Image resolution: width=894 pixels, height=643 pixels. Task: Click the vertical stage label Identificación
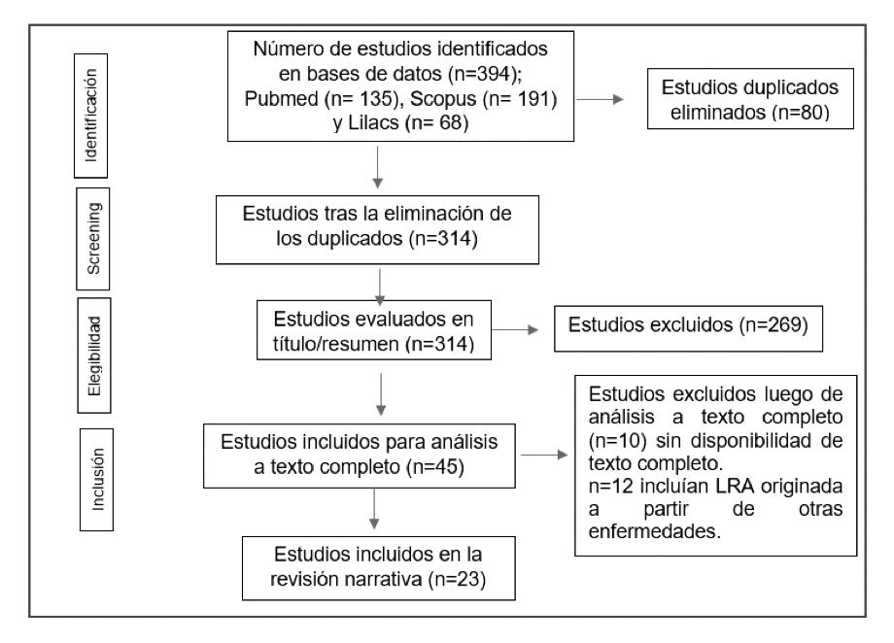coord(90,116)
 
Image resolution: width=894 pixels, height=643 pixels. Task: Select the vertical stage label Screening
coord(93,238)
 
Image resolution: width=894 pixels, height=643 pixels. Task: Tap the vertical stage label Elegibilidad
coord(94,355)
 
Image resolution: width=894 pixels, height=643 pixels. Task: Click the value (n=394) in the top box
coord(485,74)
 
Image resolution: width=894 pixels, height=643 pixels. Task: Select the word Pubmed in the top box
coord(281,99)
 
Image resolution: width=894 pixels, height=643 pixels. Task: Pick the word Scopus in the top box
coord(443,99)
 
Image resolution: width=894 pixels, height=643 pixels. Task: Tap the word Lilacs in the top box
coord(373,122)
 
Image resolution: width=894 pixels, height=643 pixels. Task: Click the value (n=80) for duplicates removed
coord(801,113)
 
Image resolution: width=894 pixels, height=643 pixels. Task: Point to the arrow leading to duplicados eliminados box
coord(601,99)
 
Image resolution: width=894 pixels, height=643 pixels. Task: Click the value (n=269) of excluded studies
coord(774,325)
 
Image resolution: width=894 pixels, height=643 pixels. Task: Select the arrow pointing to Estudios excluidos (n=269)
coord(515,329)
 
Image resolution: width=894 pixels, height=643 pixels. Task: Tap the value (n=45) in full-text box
coord(435,467)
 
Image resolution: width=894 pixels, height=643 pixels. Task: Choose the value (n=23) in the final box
coord(457,579)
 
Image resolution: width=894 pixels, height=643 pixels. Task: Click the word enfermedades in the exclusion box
coord(655,531)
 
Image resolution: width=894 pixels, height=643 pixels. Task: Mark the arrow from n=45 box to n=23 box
coord(374,508)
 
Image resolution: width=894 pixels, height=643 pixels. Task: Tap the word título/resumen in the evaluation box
coord(336,344)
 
